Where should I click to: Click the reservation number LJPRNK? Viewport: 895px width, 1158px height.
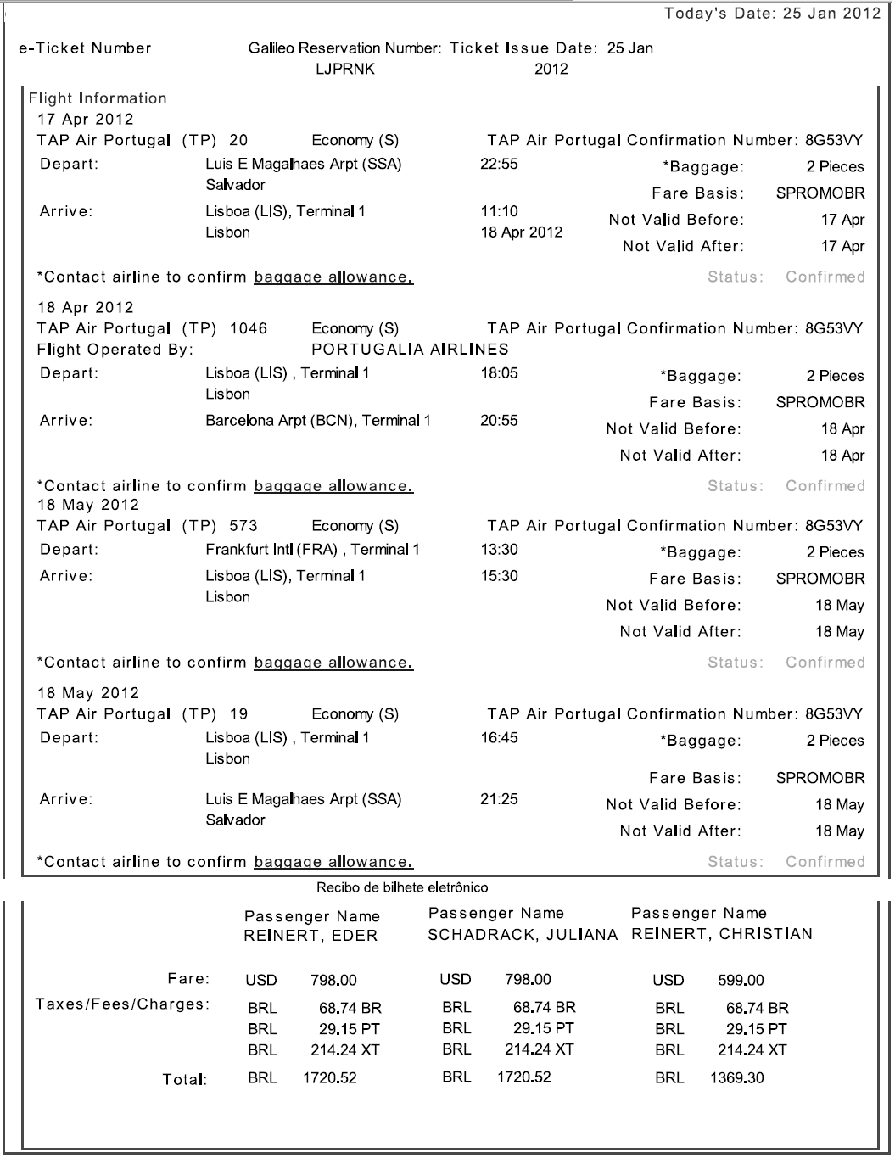click(x=344, y=70)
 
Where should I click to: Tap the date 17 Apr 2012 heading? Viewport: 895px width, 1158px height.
click(x=86, y=120)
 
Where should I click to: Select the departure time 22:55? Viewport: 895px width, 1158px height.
click(x=499, y=164)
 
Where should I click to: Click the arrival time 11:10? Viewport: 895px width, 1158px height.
click(x=499, y=211)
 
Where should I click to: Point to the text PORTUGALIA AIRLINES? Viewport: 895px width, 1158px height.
click(x=411, y=350)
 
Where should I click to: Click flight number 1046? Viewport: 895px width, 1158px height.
click(x=249, y=328)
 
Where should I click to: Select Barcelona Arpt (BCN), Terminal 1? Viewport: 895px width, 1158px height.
click(x=318, y=421)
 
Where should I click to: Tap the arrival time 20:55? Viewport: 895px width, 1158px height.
click(x=499, y=421)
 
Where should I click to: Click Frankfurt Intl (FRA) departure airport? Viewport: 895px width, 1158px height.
click(x=312, y=550)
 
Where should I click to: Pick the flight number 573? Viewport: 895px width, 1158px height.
click(x=243, y=526)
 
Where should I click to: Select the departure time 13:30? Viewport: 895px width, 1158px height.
click(x=499, y=550)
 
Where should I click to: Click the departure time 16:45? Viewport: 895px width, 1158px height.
click(x=499, y=738)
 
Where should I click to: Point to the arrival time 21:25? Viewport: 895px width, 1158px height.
click(x=499, y=799)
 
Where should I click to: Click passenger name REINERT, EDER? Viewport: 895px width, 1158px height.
click(x=310, y=937)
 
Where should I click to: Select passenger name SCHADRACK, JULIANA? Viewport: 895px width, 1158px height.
click(x=523, y=935)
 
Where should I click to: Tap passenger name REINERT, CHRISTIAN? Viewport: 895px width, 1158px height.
click(x=722, y=934)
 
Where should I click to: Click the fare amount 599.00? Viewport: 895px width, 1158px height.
click(x=741, y=981)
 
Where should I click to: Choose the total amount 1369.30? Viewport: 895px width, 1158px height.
click(x=736, y=1078)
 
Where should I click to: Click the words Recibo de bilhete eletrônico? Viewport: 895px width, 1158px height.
click(x=402, y=888)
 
